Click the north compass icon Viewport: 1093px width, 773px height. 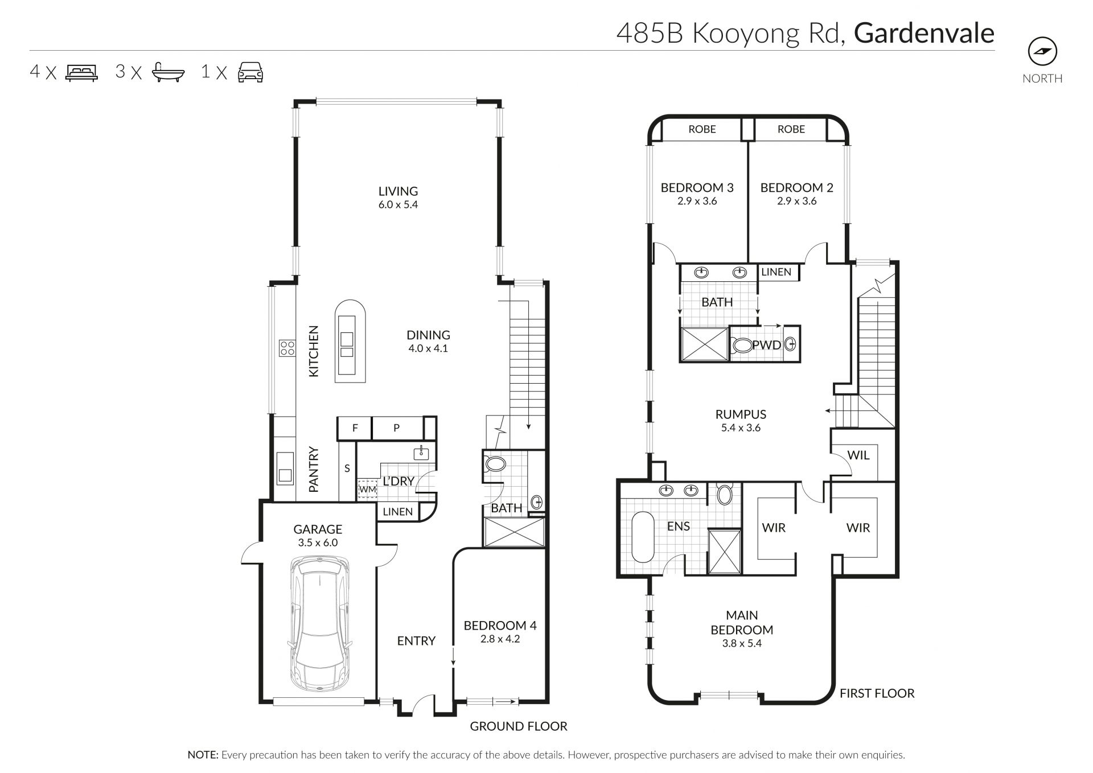click(1042, 52)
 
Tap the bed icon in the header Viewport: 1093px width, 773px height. click(82, 72)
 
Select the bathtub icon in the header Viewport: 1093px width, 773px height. click(168, 72)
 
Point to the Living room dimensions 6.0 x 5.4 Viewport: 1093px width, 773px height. click(398, 205)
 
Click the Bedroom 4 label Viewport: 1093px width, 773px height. click(500, 626)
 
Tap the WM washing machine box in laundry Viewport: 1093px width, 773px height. click(368, 489)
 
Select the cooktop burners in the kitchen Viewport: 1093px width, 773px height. click(287, 348)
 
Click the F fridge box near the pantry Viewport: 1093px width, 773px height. click(355, 428)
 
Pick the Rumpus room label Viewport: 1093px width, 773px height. click(741, 414)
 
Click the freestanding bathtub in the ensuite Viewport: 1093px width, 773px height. click(644, 537)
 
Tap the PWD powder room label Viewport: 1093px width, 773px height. click(767, 345)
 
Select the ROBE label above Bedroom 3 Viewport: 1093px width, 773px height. click(702, 129)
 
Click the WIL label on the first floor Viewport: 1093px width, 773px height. click(858, 455)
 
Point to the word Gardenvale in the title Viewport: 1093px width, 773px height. click(924, 33)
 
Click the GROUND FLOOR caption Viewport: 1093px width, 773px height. click(519, 726)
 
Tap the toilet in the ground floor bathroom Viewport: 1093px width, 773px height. click(495, 464)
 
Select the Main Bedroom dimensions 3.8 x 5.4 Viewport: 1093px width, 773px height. click(742, 644)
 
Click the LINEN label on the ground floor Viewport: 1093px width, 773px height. click(397, 512)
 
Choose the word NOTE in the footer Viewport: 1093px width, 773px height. click(203, 755)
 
